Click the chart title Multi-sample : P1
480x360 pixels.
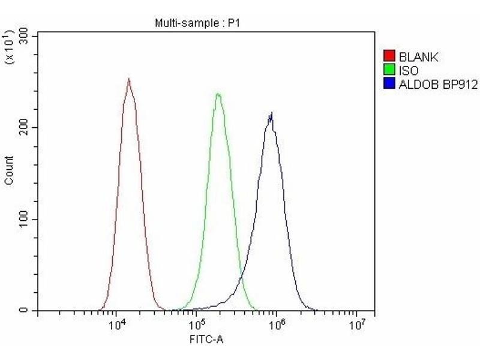[x=197, y=23]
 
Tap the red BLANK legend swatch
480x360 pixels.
[x=389, y=58]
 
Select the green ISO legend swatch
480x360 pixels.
[x=389, y=71]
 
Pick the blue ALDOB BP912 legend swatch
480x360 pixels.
[x=389, y=85]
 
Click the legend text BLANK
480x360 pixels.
[x=418, y=58]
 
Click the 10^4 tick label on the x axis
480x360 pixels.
[x=118, y=326]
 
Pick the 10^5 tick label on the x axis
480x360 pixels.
[x=197, y=326]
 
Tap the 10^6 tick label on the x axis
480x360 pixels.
[x=277, y=326]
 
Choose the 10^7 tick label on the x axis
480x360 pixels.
[x=356, y=326]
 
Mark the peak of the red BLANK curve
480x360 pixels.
[x=128, y=79]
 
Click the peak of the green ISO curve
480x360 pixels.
[x=218, y=94]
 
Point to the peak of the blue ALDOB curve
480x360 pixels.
[x=272, y=113]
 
